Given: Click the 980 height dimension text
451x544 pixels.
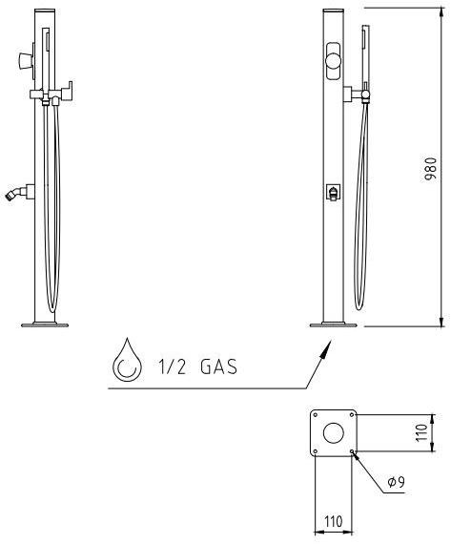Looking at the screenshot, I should click(x=431, y=168).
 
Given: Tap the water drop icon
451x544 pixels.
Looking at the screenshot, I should click(x=126, y=364).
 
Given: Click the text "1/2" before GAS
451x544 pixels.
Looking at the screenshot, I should click(x=170, y=366).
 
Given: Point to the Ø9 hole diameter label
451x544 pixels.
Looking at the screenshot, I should click(x=397, y=482).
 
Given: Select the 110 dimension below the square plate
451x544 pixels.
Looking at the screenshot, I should click(x=333, y=522).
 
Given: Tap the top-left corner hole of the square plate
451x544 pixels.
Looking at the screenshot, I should click(x=315, y=415).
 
